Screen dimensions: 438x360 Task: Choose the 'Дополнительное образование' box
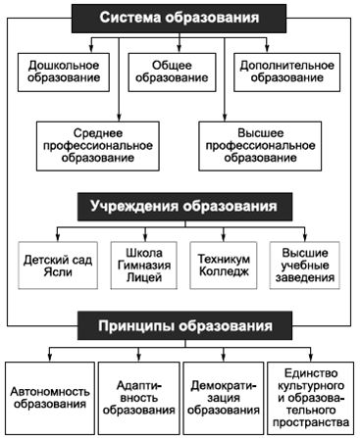coord(284,72)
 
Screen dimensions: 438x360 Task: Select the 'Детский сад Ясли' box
coord(55,264)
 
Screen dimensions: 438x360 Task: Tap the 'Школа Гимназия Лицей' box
coord(138,264)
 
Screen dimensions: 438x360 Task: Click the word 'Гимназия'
coord(138,264)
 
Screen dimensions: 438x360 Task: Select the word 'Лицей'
coord(138,278)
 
